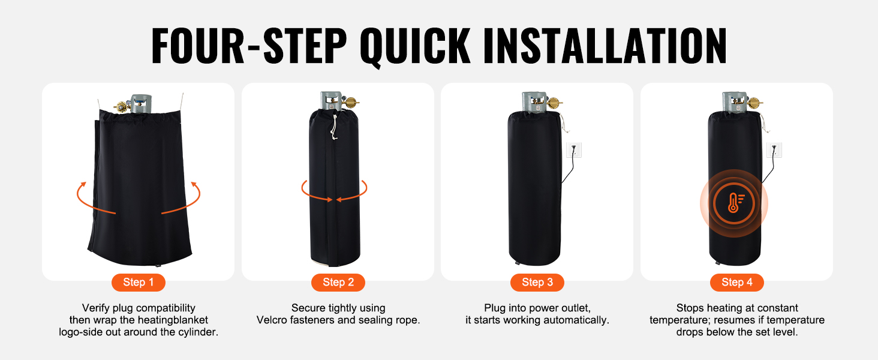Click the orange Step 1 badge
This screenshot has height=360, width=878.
pos(139,283)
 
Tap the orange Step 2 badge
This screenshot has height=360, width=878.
pos(338,283)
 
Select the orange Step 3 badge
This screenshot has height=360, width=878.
pos(537,283)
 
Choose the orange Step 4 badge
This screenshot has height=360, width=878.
pos(737,283)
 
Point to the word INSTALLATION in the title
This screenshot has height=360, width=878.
pos(605,46)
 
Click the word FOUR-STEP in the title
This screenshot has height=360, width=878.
pos(249,46)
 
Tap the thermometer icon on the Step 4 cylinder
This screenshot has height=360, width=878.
pos(733,203)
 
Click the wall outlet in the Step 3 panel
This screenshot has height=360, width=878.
pos(574,150)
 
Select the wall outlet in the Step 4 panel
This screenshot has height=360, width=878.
pos(774,150)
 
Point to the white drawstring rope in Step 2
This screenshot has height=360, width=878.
pos(333,127)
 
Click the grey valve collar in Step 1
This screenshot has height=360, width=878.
pos(141,104)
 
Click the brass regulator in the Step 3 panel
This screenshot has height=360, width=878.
pos(554,103)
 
